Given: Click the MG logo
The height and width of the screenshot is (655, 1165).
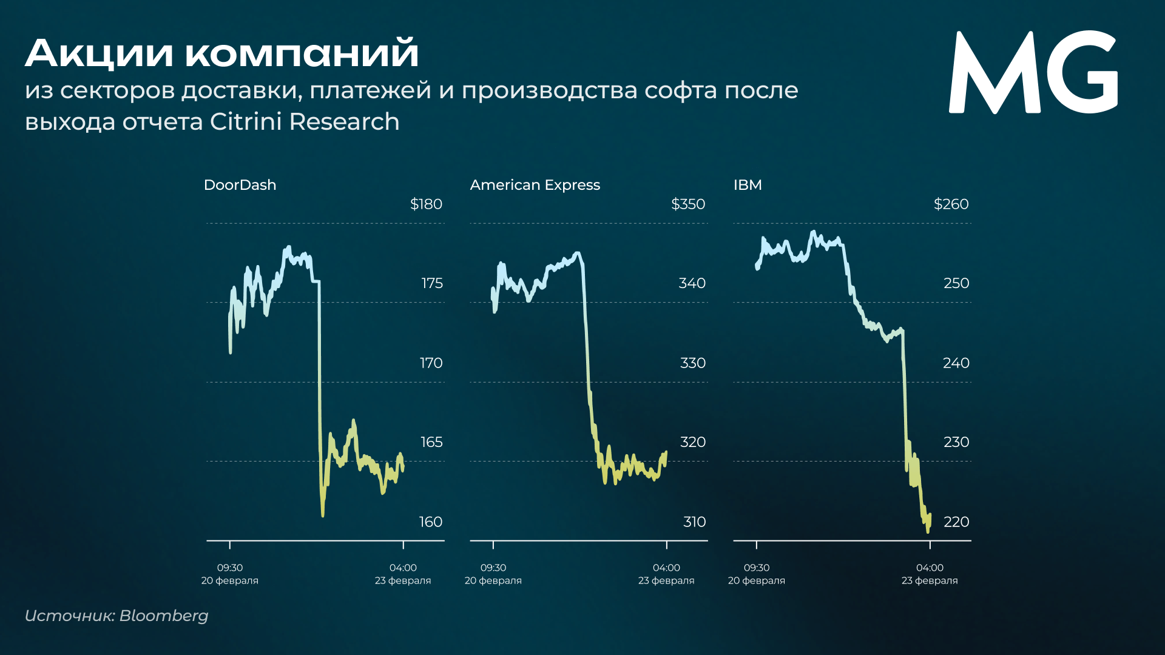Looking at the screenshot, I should pos(1033,73).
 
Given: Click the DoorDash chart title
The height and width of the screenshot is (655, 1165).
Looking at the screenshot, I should pos(240,185).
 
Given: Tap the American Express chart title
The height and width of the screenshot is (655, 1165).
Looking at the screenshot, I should pos(535,185).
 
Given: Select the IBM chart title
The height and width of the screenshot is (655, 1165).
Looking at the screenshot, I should pos(747,185).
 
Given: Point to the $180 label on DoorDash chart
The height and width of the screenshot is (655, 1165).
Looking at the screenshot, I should pos(426,204).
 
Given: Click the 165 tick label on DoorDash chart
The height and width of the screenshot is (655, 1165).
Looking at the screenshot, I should pos(431,442).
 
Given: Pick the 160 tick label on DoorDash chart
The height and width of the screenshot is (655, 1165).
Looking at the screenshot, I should pos(431,522).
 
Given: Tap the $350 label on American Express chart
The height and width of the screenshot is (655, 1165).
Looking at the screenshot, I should pos(688,204).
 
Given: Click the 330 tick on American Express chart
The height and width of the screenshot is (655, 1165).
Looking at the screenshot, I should pos(693,363).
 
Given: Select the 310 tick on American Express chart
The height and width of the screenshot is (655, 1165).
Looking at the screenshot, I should pos(694,522).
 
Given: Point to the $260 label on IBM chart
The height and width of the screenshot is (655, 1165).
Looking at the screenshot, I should pos(951,204).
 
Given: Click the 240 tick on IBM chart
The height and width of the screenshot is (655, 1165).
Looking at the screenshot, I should pos(956,363).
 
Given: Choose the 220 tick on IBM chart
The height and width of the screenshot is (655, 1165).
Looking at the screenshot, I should pos(956,522).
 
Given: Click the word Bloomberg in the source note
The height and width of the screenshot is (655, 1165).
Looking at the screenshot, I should pos(164,616).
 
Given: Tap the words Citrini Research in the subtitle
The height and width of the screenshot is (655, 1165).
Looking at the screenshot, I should pos(305,122).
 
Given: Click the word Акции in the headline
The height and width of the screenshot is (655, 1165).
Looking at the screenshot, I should pos(99,53).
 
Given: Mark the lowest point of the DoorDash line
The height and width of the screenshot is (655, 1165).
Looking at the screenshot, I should pos(323,516).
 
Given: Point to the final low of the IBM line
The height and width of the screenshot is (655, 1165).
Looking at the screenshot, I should pos(928,531).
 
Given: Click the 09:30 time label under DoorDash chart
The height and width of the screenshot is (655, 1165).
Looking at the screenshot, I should pos(230,568).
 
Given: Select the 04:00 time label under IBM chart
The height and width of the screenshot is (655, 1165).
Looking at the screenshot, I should pos(930,568).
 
